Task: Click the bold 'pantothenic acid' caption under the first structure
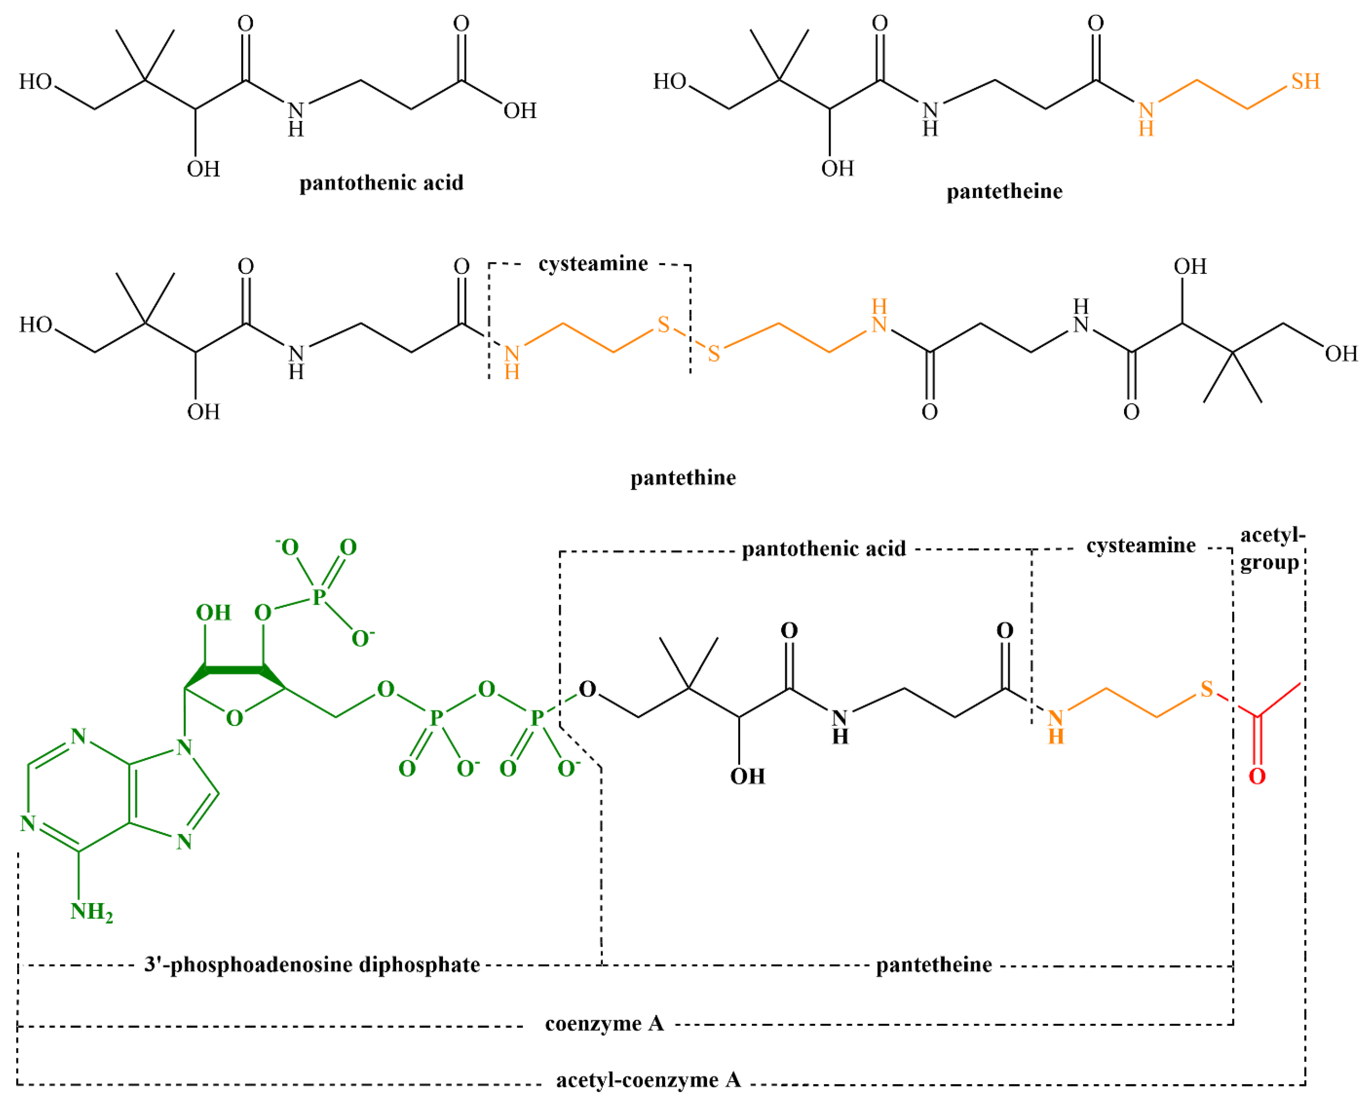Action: click(x=381, y=183)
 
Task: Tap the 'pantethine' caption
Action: click(x=683, y=478)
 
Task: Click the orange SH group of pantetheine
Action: click(x=1305, y=81)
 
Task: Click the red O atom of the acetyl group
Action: click(x=1257, y=777)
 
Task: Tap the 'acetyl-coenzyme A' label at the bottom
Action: click(x=648, y=1080)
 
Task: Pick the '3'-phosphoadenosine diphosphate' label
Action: click(x=312, y=964)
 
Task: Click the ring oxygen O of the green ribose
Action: click(x=234, y=718)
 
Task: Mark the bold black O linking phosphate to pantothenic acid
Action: click(x=587, y=690)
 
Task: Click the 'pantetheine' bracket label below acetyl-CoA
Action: click(x=934, y=964)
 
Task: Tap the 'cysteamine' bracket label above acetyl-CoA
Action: click(x=1141, y=546)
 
